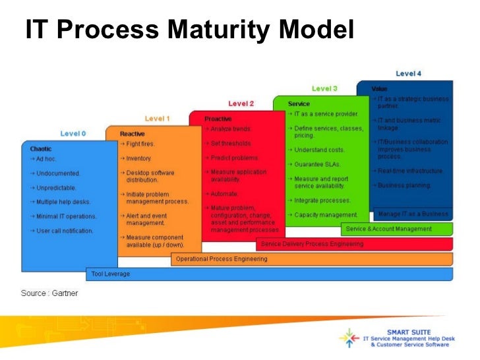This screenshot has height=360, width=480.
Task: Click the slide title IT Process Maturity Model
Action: pyautogui.click(x=190, y=30)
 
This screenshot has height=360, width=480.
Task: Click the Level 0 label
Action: pyautogui.click(x=73, y=133)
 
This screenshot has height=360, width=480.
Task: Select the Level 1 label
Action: pyautogui.click(x=158, y=119)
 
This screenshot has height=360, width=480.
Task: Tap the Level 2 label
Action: pyautogui.click(x=241, y=104)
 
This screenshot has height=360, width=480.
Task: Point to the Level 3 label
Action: pyautogui.click(x=324, y=88)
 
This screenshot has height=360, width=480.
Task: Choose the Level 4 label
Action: pyautogui.click(x=409, y=74)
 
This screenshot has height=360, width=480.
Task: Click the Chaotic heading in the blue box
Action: pyautogui.click(x=41, y=149)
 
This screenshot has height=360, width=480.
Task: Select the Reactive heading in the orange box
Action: pyautogui.click(x=132, y=134)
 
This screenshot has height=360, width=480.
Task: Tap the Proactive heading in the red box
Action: pyautogui.click(x=218, y=119)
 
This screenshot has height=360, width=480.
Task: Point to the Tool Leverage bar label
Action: pyautogui.click(x=111, y=274)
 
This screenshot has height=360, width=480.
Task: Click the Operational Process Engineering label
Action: pyautogui.click(x=222, y=259)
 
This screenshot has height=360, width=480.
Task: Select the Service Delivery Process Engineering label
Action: pyautogui.click(x=312, y=244)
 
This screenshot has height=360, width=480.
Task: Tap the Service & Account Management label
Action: pyautogui.click(x=389, y=229)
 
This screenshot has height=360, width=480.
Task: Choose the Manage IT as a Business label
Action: pyautogui.click(x=413, y=214)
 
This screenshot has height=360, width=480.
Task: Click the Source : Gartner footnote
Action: pyautogui.click(x=49, y=293)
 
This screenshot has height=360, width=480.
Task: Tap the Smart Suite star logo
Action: pyautogui.click(x=349, y=338)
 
